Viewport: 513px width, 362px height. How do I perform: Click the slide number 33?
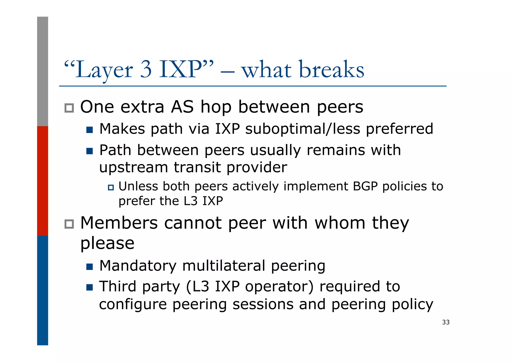446,322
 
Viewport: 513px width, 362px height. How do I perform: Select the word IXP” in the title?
186,69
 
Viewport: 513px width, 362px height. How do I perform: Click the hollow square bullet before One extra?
69,108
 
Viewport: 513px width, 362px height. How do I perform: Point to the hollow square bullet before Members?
69,224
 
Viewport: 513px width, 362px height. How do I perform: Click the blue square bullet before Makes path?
89,130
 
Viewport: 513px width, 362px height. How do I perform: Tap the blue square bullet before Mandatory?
89,267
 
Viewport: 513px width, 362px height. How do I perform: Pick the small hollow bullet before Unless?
111,187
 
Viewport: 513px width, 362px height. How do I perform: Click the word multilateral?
224,266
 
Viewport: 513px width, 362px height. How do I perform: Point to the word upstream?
133,167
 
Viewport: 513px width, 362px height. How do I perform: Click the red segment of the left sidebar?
43,181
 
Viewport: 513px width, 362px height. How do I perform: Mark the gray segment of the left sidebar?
43,71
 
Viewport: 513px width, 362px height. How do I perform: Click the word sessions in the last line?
263,304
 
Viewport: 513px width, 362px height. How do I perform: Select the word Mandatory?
138,266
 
